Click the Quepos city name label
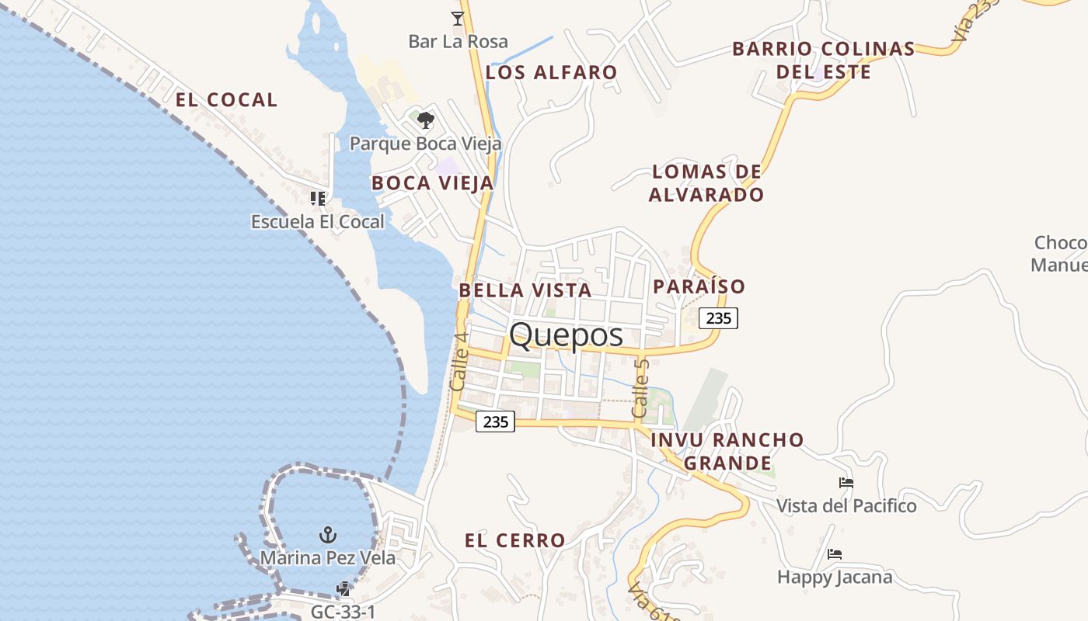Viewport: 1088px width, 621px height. [566, 335]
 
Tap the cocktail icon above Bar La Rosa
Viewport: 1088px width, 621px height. [458, 18]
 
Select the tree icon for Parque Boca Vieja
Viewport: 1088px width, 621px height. [425, 120]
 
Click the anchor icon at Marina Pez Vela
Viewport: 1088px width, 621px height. [328, 534]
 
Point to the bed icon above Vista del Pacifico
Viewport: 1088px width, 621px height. [846, 483]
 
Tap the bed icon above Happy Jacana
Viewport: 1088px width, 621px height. [835, 554]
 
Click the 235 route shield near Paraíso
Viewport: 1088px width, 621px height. [718, 317]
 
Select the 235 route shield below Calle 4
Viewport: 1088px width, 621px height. [495, 422]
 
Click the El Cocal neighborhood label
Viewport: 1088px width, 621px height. [226, 100]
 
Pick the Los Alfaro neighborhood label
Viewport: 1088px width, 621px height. [552, 73]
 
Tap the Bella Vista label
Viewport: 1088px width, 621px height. [525, 290]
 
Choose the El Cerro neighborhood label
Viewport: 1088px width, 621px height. [515, 540]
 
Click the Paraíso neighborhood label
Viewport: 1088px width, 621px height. [699, 286]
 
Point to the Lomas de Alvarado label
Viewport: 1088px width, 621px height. [706, 183]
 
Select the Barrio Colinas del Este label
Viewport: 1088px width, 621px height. [824, 61]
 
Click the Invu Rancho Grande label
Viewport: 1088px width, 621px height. [727, 451]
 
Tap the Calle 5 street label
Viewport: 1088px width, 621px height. [640, 387]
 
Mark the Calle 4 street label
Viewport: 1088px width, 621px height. [459, 361]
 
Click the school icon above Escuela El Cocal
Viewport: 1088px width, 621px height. [317, 199]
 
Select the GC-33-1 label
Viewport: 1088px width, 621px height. [344, 612]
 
